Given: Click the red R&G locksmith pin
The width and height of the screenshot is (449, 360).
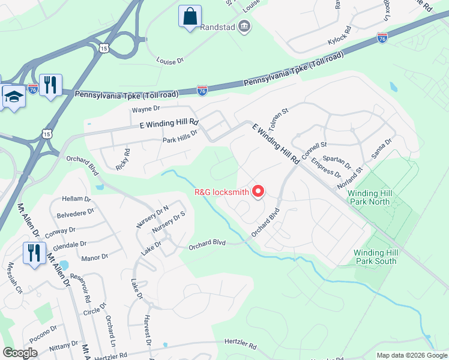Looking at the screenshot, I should [x=259, y=191].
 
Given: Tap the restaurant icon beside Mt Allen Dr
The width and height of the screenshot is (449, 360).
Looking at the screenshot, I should [x=34, y=253].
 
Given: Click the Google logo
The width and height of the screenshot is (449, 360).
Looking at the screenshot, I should [x=20, y=353].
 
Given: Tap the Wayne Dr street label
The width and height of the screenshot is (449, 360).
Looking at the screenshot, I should [x=146, y=109].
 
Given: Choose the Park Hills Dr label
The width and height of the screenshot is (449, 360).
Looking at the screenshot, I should [x=179, y=140].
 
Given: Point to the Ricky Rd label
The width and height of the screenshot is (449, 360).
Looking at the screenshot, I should [x=122, y=159].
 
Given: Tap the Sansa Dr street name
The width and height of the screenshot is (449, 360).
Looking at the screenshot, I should [x=381, y=148].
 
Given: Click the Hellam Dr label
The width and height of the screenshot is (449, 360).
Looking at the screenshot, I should [x=76, y=198].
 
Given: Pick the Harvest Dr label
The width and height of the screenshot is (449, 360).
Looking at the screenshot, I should [x=146, y=329].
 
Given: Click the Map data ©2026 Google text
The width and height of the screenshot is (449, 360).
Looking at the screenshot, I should [x=411, y=354].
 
